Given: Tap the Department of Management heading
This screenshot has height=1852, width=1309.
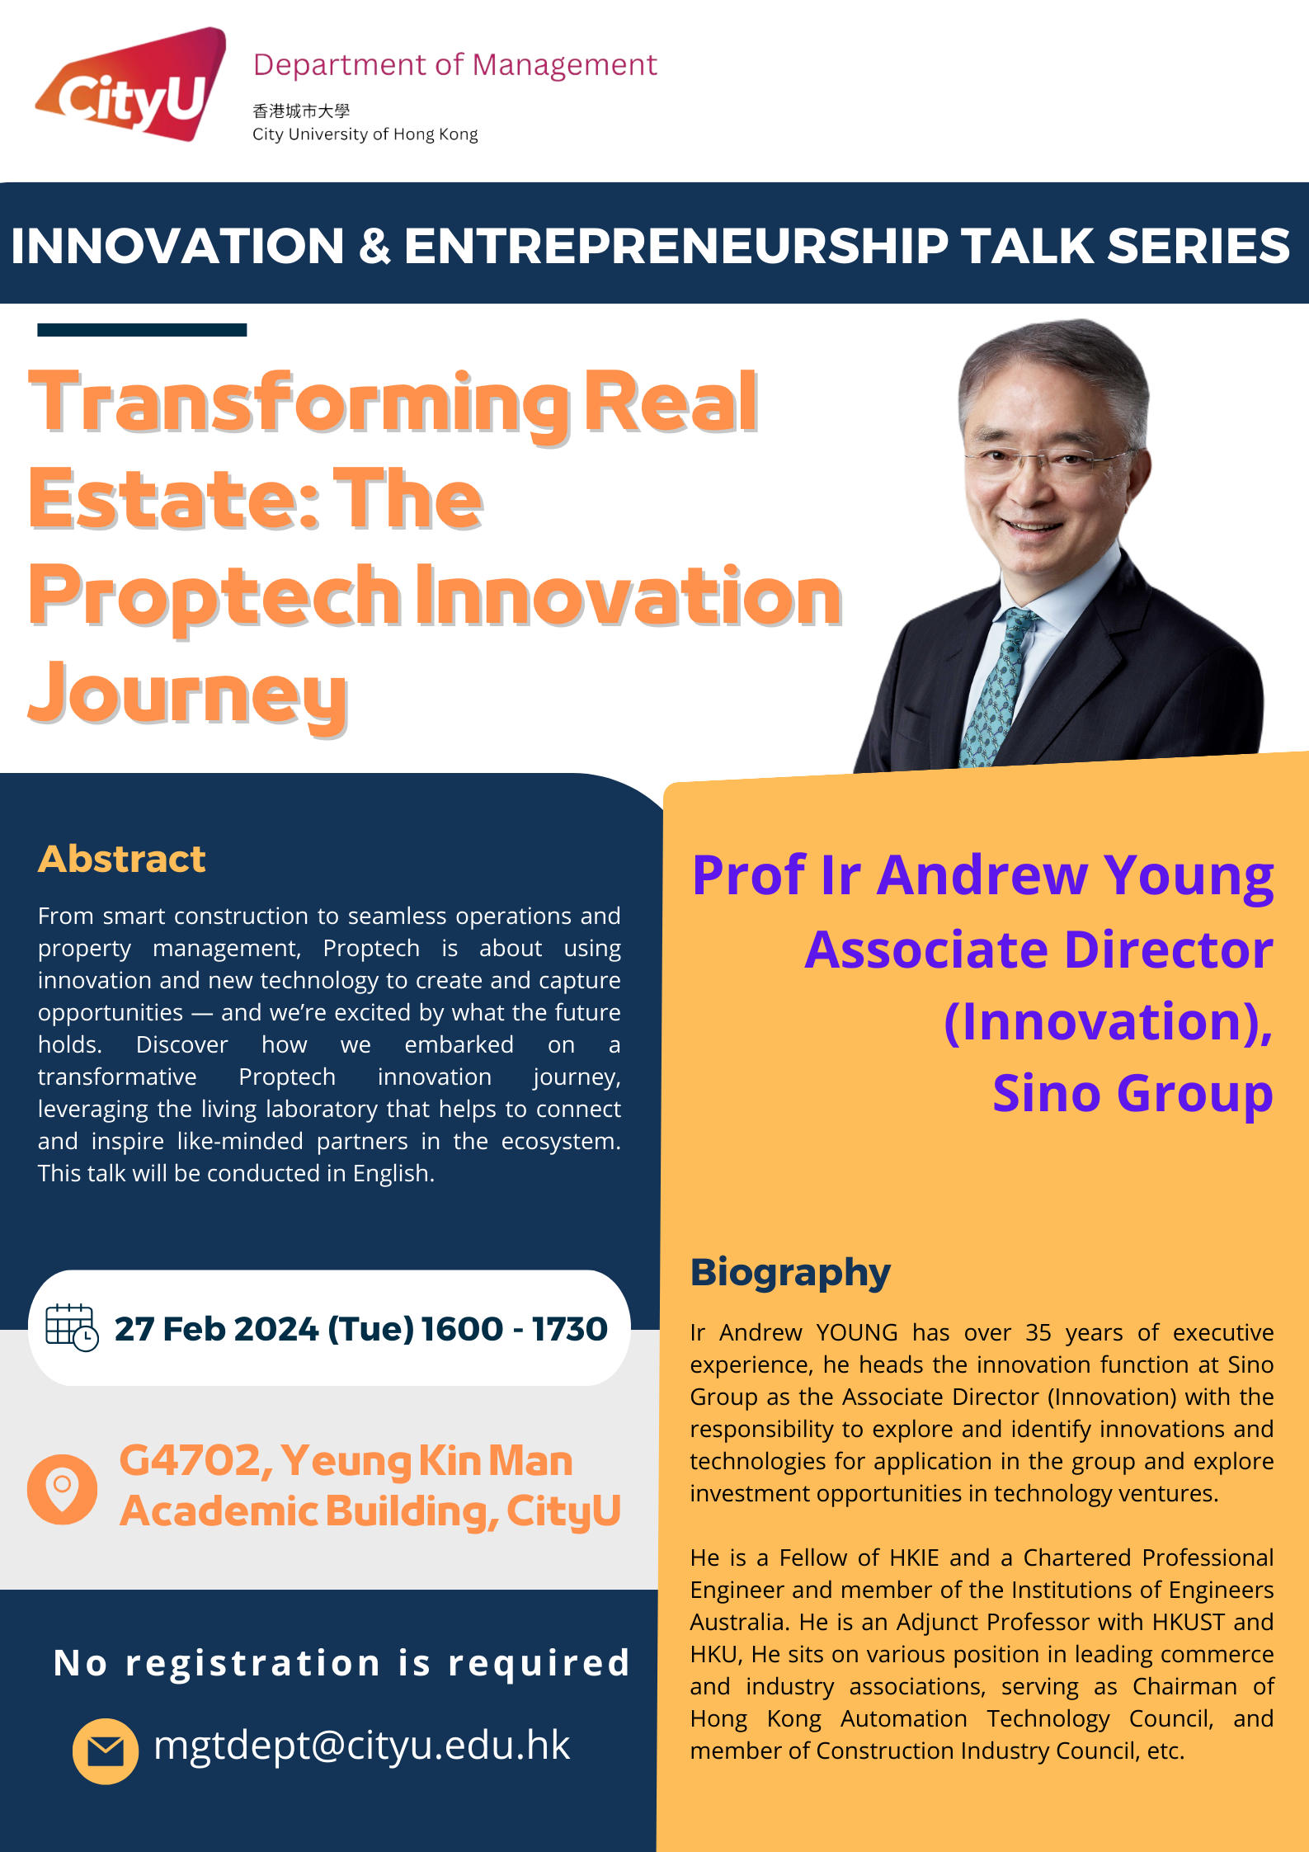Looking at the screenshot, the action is point(454,65).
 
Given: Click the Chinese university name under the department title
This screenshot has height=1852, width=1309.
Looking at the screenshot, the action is point(301,111).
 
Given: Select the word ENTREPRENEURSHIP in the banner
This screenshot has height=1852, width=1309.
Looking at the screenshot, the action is point(676,246).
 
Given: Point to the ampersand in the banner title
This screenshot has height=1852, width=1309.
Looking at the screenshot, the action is point(374,246).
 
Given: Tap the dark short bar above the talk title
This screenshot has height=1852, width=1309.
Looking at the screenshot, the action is point(142,330).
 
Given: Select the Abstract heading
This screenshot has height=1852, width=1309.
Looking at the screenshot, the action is point(122,859).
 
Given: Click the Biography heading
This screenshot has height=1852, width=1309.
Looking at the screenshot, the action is point(790,1273).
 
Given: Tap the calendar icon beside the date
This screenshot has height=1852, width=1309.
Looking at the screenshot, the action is point(72,1327).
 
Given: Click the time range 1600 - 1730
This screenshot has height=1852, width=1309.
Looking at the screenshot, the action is point(515,1329).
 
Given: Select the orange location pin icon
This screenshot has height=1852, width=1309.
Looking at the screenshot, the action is point(62,1488).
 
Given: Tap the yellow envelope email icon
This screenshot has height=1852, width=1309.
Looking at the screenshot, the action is point(106,1751).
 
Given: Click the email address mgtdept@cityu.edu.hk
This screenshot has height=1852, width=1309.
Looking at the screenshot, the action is point(361,1746).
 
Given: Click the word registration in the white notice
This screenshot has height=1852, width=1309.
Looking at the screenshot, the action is point(253,1663).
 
